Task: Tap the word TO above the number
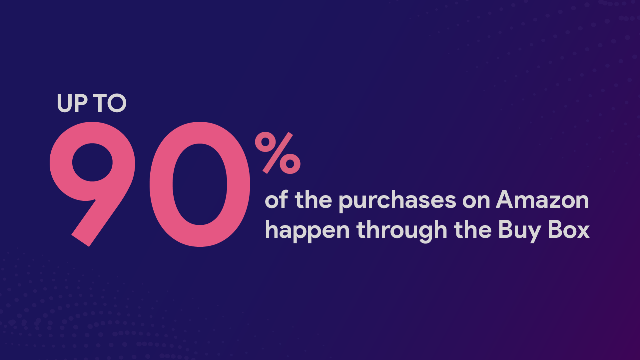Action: click(110, 103)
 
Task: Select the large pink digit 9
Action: click(92, 184)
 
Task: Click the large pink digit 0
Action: click(200, 184)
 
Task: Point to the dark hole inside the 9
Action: click(92, 162)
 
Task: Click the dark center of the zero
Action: click(200, 184)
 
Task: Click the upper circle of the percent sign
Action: click(266, 142)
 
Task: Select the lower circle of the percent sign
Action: click(290, 164)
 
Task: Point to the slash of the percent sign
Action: click(278, 153)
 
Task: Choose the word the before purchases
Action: click(314, 200)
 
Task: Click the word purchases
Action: click(397, 201)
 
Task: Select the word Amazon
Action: click(542, 200)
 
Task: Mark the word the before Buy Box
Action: click(473, 230)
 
